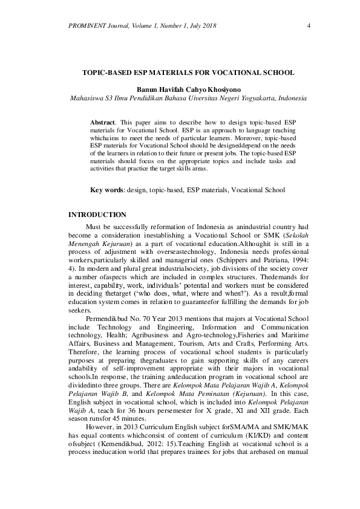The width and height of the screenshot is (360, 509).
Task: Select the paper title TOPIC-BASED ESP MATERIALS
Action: [x=188, y=73]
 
